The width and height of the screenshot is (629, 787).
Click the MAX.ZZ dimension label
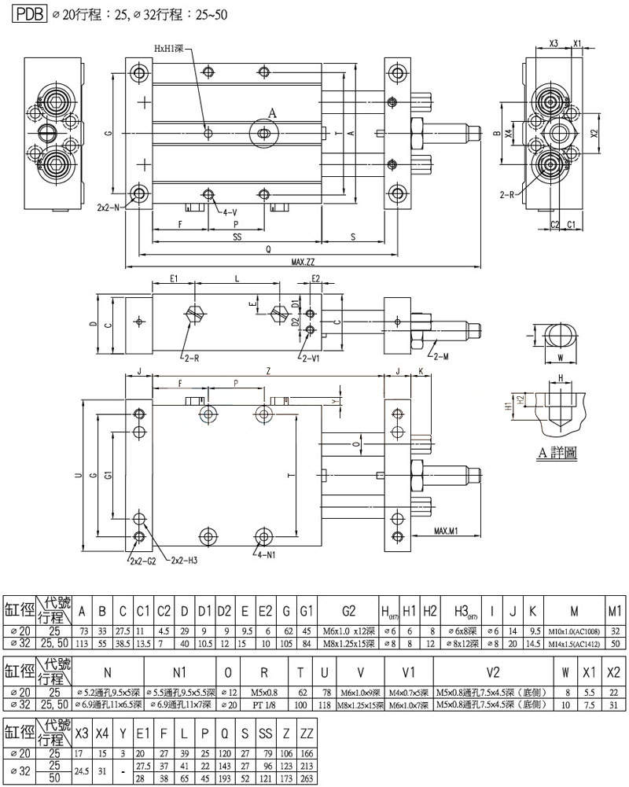tap(304, 262)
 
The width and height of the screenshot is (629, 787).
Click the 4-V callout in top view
tap(230, 211)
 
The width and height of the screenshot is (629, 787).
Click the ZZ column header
tap(307, 736)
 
